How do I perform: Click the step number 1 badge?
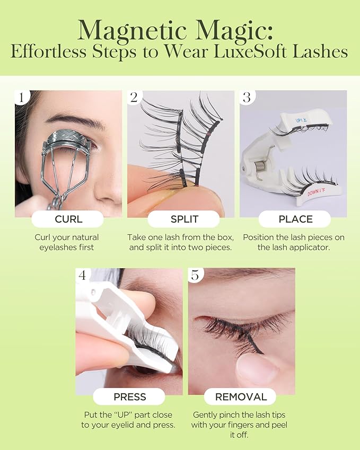pyautogui.click(x=21, y=97)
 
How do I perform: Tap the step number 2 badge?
pyautogui.click(x=134, y=97)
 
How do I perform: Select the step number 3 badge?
pyautogui.click(x=247, y=97)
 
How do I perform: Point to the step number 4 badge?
pyautogui.click(x=82, y=275)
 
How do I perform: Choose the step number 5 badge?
pyautogui.click(x=195, y=275)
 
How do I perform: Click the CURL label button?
pyautogui.click(x=68, y=219)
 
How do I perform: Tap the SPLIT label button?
pyautogui.click(x=184, y=219)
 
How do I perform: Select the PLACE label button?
pyautogui.click(x=295, y=219)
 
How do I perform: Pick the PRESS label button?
pyautogui.click(x=129, y=396)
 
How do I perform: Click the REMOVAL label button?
pyautogui.click(x=240, y=396)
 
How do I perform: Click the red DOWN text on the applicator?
pyautogui.click(x=319, y=192)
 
